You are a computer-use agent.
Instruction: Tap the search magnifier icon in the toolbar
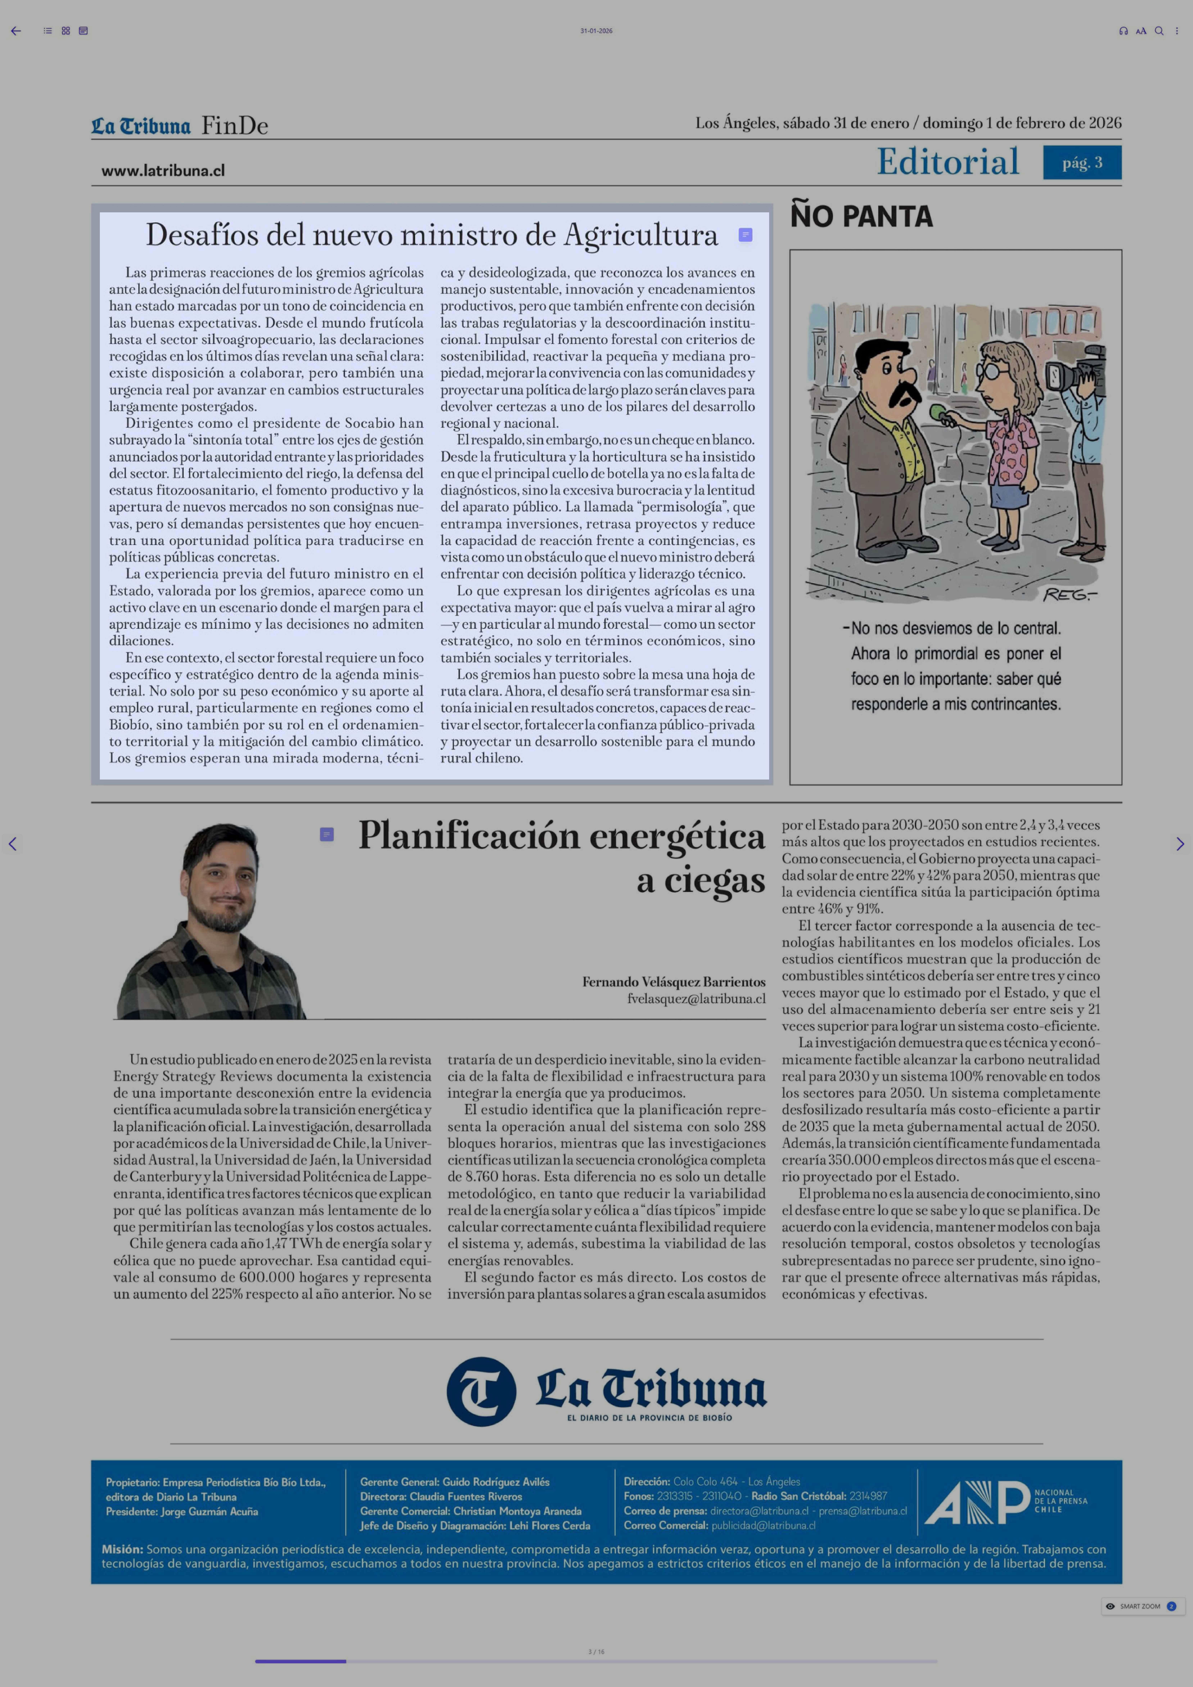click(1158, 31)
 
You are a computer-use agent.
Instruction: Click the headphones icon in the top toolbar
click(1122, 31)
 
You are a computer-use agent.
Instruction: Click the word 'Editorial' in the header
click(948, 162)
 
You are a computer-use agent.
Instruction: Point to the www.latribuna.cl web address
click(163, 170)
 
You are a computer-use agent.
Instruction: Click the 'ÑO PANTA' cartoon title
click(861, 217)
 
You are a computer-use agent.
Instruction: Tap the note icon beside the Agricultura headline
click(745, 235)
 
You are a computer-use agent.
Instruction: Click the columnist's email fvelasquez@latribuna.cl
click(696, 999)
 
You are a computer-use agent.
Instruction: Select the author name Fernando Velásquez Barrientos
click(674, 982)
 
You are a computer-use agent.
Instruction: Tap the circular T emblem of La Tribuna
click(481, 1391)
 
